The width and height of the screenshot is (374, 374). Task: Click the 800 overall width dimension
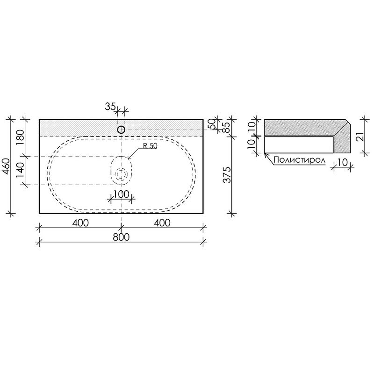pyautogui.click(x=121, y=237)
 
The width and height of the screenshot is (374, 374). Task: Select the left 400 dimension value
pyautogui.click(x=80, y=223)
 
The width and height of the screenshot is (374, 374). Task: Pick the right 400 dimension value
pyautogui.click(x=162, y=223)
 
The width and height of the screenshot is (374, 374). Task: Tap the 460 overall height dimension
pyautogui.click(x=7, y=166)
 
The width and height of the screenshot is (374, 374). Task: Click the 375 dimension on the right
pyautogui.click(x=227, y=175)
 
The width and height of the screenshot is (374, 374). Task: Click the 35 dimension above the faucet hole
pyautogui.click(x=110, y=107)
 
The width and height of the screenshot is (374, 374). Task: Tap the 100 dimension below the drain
pyautogui.click(x=121, y=194)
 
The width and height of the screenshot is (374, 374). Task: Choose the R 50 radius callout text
pyautogui.click(x=150, y=146)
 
